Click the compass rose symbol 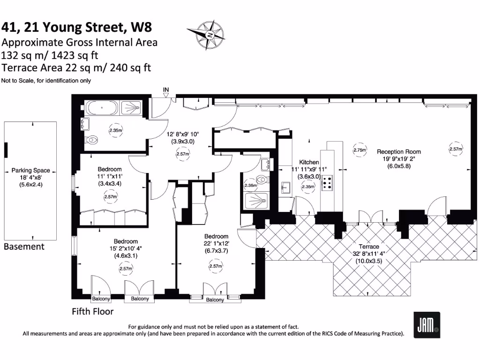(210, 35)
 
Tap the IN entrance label (166, 90)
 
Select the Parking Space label (31, 171)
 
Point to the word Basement (24, 247)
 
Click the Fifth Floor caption (92, 311)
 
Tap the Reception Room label (399, 152)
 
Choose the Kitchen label (309, 162)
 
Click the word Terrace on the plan (369, 247)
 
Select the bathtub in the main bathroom (102, 108)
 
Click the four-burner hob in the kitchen (327, 182)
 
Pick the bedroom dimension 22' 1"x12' (216, 244)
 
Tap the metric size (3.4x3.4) (110, 183)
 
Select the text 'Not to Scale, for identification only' (46, 81)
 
